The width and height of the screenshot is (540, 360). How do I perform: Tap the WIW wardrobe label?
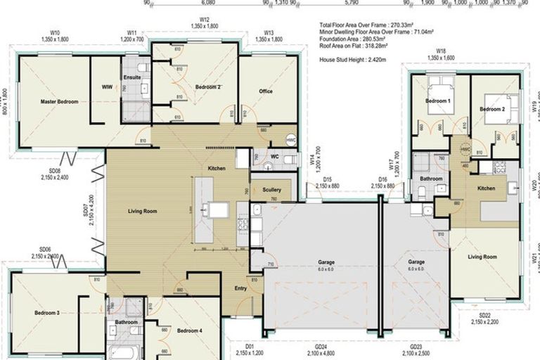[x=107, y=87]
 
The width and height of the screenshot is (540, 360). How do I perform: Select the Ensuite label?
[x=131, y=76]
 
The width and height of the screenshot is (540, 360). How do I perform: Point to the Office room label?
[x=265, y=91]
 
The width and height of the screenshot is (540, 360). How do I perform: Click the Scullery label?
[x=272, y=190]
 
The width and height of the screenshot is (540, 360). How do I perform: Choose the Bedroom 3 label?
[x=47, y=313]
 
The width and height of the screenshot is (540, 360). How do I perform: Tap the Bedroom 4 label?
[x=190, y=330]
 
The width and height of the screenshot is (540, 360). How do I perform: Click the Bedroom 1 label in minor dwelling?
[x=437, y=102]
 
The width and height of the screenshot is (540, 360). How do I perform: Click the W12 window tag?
[x=205, y=20]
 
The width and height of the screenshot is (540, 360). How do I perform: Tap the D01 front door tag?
[x=249, y=346]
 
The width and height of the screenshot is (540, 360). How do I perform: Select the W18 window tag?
[x=441, y=51]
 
